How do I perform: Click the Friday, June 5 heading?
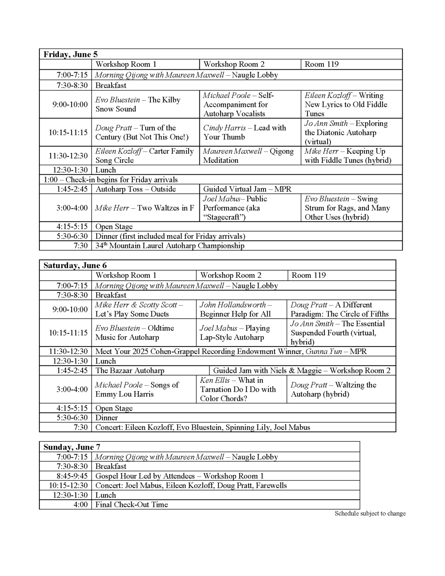[70, 54]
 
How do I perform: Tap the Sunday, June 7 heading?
[72, 447]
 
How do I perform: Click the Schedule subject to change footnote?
[370, 513]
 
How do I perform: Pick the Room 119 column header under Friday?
[322, 64]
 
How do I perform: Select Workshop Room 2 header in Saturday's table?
[231, 275]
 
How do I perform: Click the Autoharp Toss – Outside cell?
[135, 189]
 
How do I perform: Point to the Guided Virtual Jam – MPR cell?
[247, 189]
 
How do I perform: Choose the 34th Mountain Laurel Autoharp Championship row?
[170, 246]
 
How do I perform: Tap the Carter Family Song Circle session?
[144, 156]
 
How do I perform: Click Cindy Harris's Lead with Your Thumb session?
[244, 132]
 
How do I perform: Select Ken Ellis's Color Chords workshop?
[238, 389]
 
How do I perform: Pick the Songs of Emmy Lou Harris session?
[137, 389]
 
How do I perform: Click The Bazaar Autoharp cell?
[130, 370]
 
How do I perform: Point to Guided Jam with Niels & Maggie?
[301, 370]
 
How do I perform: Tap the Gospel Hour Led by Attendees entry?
[179, 476]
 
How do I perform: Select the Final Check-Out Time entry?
[132, 504]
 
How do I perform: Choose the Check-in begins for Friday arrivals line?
[111, 180]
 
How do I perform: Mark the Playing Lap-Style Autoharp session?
[235, 333]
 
